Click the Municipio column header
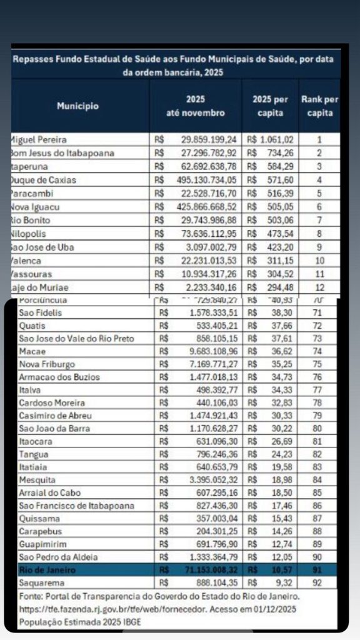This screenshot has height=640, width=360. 78,106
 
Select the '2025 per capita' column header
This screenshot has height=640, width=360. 270,106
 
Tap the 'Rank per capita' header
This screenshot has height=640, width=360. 319,106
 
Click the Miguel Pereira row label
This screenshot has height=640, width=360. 39,140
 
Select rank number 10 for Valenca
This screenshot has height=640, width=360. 319,261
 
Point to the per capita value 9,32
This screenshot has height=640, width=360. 284,583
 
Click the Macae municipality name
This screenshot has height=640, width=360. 31,351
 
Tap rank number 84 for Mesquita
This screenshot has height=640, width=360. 319,479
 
